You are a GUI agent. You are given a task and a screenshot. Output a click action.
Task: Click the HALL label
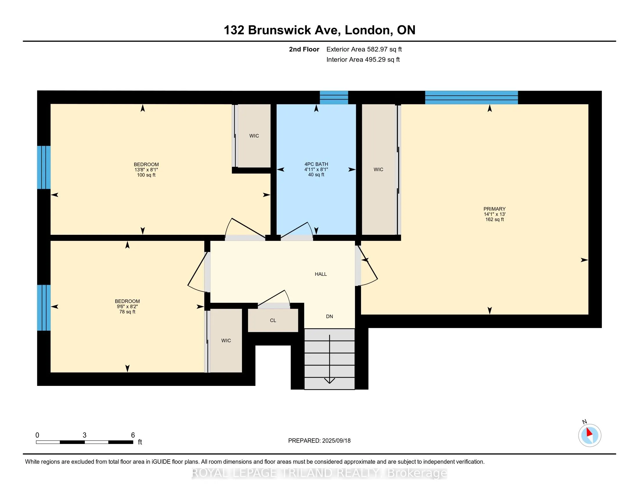pos(321,274)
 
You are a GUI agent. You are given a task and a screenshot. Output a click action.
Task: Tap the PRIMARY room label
pos(494,209)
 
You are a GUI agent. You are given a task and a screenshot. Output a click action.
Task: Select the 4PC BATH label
pos(316,164)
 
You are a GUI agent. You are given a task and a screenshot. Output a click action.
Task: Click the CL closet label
pos(273,321)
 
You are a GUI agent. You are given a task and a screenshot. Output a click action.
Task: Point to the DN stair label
pos(329,316)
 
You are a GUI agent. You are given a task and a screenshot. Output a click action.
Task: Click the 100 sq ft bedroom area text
pos(146,175)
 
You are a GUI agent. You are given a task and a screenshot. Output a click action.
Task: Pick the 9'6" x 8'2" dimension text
pos(127,306)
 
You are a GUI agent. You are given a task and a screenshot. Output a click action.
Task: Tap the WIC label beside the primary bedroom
pos(378,169)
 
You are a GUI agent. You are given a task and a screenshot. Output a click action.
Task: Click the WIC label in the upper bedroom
pos(254,136)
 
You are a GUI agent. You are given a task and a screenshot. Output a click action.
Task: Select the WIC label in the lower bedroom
pos(226,341)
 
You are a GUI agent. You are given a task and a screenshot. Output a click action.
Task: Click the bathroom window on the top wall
pos(334,97)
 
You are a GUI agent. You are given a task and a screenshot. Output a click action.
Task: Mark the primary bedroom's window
pos(471,97)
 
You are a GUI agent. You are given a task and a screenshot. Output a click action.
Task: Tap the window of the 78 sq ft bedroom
pos(44,307)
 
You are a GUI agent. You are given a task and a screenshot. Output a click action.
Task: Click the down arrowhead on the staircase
pos(330,381)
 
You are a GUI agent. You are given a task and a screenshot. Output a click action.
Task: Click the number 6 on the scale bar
pos(133,435)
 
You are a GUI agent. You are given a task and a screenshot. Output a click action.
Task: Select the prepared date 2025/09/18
pos(336,441)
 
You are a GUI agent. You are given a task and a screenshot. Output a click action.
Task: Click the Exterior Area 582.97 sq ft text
pos(364,49)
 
